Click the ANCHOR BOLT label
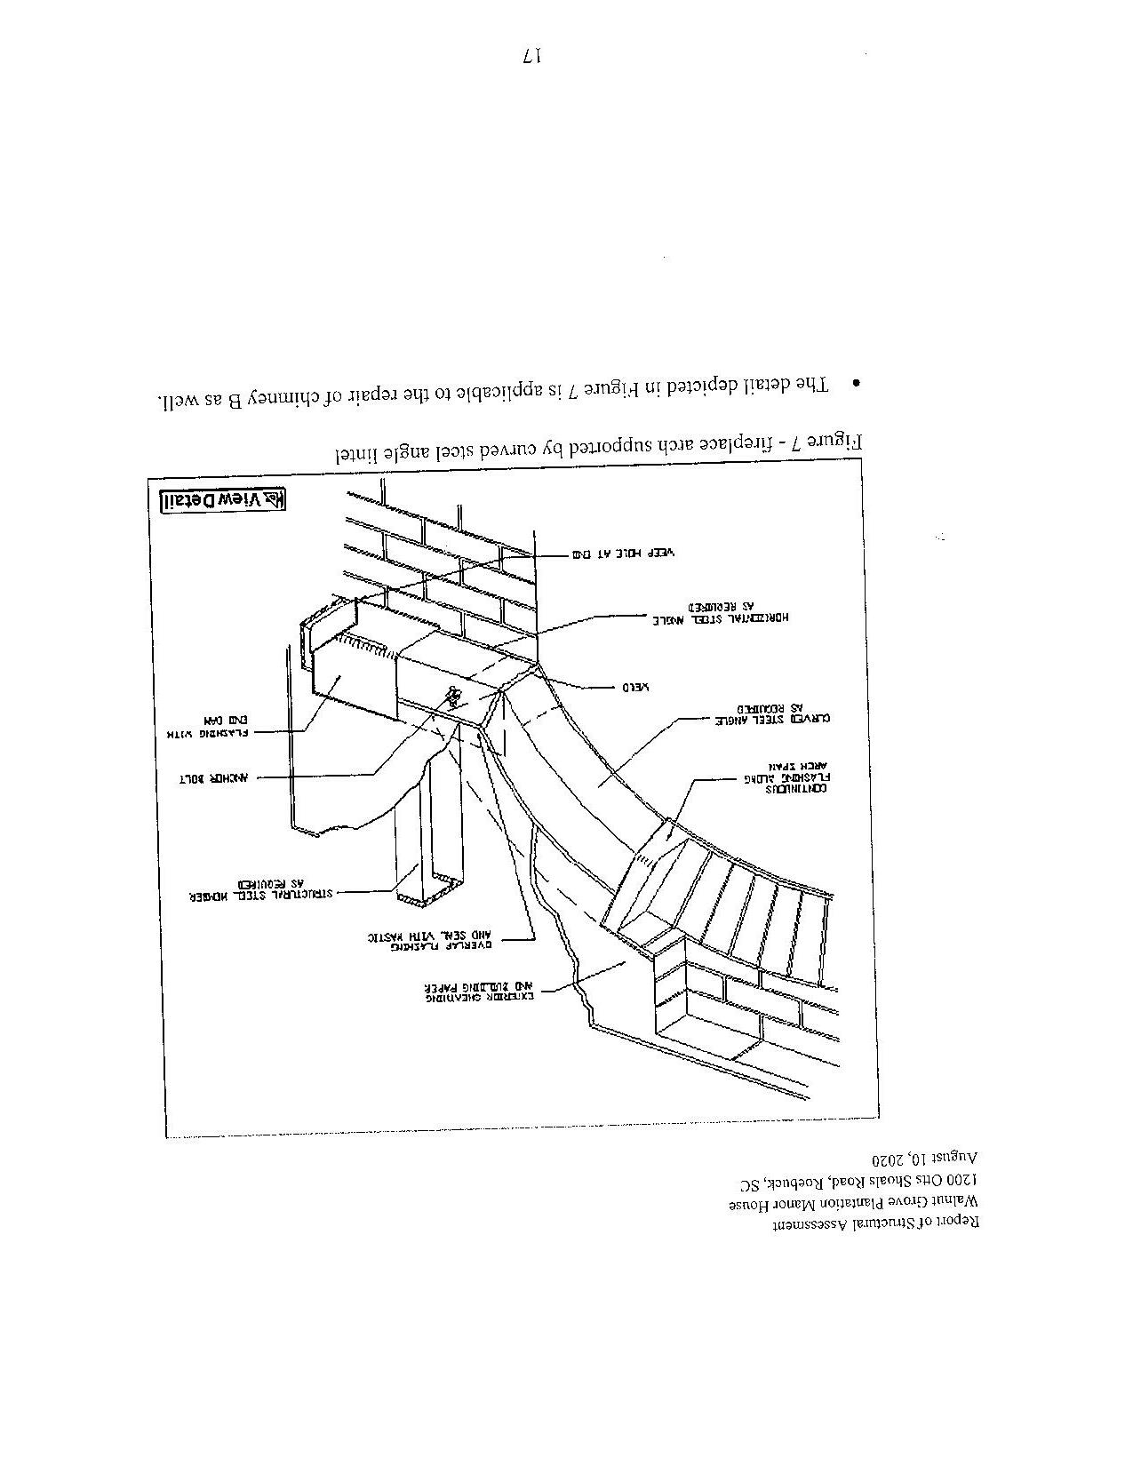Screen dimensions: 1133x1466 point(217,778)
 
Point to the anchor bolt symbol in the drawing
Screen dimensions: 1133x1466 point(455,694)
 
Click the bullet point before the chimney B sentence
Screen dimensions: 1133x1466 point(856,384)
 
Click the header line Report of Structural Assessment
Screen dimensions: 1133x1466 point(875,1224)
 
